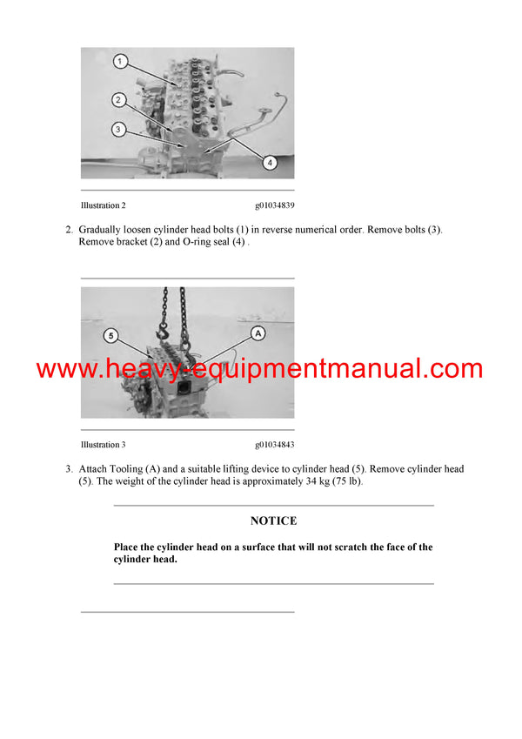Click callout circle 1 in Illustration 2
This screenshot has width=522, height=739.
(121, 62)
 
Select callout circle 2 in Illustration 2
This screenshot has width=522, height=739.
(119, 100)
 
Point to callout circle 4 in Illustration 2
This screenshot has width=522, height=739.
(270, 162)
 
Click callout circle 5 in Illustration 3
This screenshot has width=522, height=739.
(110, 335)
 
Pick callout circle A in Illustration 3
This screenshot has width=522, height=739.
(258, 333)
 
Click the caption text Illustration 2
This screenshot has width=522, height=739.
(103, 205)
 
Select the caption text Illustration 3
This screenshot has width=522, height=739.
(103, 445)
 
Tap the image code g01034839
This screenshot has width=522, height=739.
(274, 205)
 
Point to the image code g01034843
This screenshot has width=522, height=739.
(274, 445)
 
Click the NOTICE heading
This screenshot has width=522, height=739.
(273, 521)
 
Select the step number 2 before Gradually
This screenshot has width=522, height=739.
(69, 230)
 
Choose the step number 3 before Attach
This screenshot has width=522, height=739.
(69, 469)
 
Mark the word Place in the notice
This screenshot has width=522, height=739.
(128, 548)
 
